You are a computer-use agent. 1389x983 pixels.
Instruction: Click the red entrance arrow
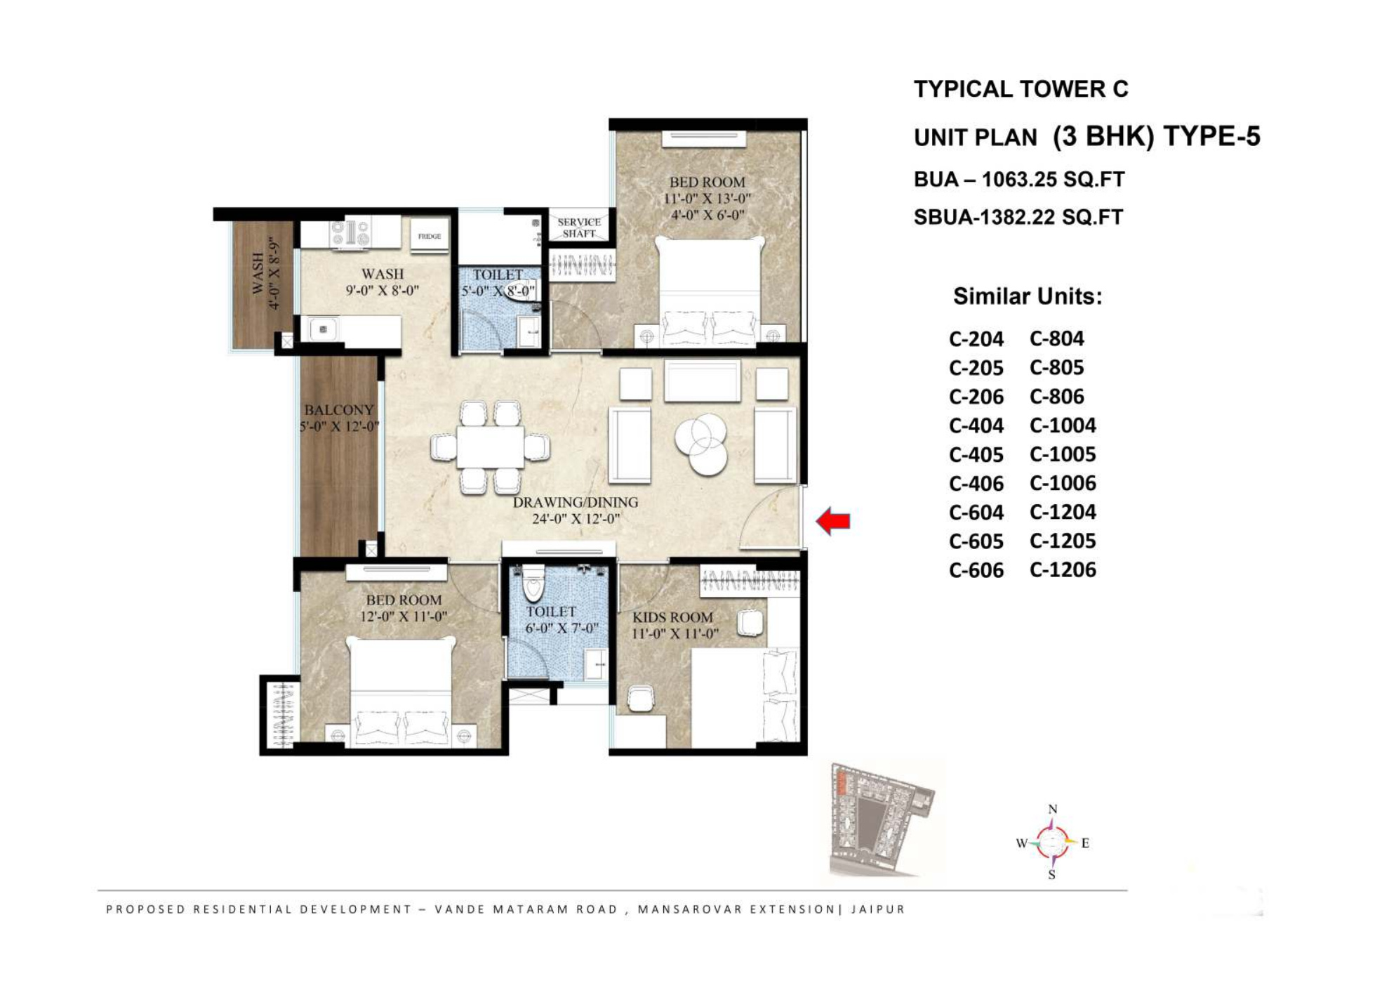coord(833,521)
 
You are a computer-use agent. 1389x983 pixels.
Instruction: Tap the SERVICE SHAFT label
coord(579,227)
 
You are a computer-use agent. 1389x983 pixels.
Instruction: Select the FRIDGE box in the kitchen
coord(430,237)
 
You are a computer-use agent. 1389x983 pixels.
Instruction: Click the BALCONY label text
coord(339,410)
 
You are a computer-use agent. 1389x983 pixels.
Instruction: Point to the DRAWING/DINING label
coord(576,503)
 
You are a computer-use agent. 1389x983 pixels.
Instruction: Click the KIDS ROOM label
coord(672,618)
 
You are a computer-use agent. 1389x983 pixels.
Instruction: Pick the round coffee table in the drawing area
coord(700,443)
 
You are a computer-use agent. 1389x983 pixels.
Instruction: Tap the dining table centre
coord(490,447)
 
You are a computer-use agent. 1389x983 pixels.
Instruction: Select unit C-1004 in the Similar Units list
coord(1063,425)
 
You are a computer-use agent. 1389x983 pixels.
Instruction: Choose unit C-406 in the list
coord(976,484)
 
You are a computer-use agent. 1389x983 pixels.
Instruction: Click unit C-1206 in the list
coord(1063,570)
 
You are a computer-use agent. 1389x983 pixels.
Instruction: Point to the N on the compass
coord(1053,810)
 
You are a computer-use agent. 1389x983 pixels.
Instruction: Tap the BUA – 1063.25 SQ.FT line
coord(1019,180)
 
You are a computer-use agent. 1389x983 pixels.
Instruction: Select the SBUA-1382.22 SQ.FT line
coord(1018,218)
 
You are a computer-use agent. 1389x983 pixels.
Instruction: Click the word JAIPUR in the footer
coord(878,909)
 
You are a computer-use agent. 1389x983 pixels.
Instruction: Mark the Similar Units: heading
coord(1028,297)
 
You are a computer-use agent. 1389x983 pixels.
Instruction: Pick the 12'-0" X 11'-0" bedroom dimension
coord(404,617)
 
